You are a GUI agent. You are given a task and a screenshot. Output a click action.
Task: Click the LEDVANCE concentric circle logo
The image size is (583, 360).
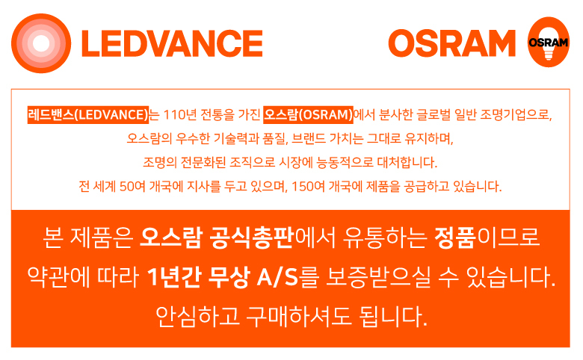coord(41,43)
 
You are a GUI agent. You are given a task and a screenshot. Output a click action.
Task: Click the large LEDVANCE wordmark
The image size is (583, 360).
coord(172,44)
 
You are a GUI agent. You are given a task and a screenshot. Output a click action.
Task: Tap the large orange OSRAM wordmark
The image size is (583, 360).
coord(451,43)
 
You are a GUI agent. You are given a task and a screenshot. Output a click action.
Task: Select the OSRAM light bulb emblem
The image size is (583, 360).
coord(549,42)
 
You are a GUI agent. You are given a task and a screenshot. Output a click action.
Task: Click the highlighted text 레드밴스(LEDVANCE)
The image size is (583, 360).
coord(88,115)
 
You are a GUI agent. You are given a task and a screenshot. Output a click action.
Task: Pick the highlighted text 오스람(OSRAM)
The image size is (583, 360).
coord(308,115)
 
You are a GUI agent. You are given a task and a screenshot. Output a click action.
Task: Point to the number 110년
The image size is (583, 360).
coord(180,115)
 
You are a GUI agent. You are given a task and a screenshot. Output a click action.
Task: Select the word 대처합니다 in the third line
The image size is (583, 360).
coord(407,162)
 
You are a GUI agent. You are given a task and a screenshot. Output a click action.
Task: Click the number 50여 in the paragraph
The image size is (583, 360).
coord(132,186)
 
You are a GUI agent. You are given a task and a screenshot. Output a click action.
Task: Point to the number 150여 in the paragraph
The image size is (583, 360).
coord(308,186)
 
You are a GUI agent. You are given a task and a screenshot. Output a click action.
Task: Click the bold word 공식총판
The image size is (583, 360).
coord(252,237)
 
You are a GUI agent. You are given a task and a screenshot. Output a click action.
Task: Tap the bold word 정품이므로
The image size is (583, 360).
coord(487,237)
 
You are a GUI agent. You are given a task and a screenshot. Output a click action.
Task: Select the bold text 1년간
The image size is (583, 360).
coord(174,277)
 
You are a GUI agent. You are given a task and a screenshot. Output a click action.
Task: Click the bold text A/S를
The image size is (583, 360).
coord(289,277)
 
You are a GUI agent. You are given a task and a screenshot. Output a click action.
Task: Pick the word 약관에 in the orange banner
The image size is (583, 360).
coord(58,277)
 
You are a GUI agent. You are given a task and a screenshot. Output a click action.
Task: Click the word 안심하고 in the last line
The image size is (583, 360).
coord(197,317)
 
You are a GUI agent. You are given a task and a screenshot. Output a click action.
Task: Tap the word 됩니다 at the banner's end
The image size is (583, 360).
coord(393,317)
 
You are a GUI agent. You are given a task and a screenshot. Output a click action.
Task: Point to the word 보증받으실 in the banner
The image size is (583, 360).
coord(378,277)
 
